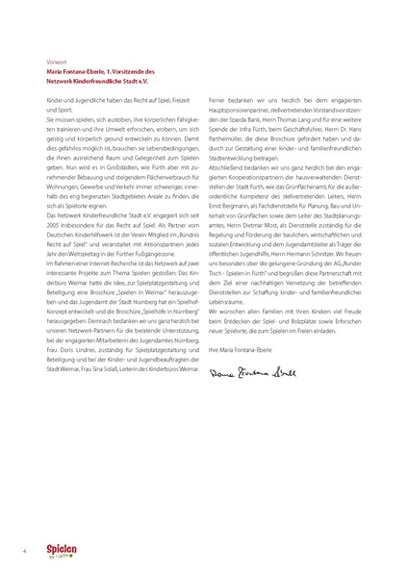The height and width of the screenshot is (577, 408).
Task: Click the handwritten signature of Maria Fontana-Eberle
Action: [x=253, y=370]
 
